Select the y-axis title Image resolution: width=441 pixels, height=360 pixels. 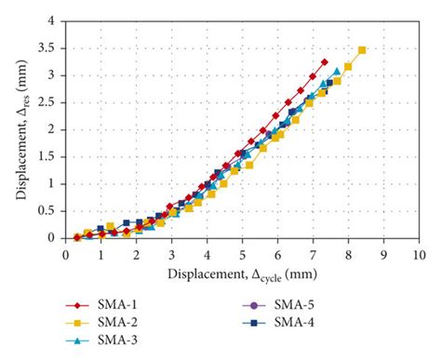coord(20,128)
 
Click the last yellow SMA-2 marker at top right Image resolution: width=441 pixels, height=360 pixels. coord(362,50)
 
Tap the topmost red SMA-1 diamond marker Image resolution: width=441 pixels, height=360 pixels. coord(324,62)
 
